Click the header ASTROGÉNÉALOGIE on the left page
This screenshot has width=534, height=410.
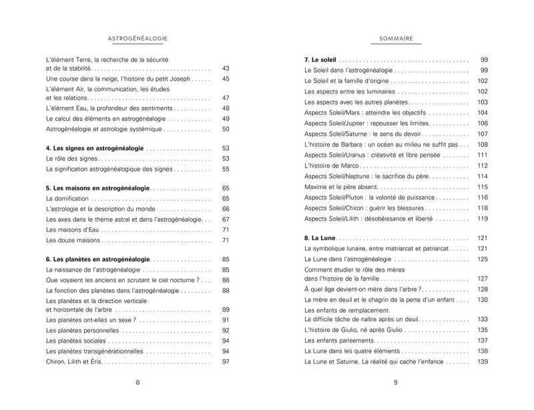138,39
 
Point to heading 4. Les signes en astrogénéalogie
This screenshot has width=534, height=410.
94,148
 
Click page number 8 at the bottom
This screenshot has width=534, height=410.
138,383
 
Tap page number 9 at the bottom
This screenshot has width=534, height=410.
396,383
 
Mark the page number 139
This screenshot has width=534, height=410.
483,362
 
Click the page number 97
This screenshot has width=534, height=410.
226,362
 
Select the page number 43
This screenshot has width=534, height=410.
226,69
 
